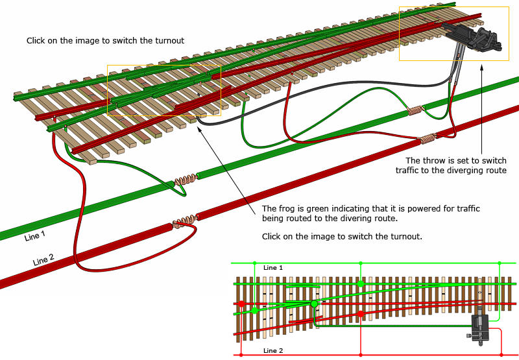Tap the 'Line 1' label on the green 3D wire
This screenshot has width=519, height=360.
tap(35, 236)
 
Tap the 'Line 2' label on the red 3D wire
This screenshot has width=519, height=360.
tap(43, 260)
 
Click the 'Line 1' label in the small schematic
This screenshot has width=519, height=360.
tap(273, 267)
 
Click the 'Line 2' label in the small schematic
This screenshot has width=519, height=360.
tap(273, 351)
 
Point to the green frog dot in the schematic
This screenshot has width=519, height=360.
tap(315, 304)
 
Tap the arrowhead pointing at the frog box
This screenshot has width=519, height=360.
tap(198, 128)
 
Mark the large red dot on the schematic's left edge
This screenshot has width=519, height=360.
tap(241, 304)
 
